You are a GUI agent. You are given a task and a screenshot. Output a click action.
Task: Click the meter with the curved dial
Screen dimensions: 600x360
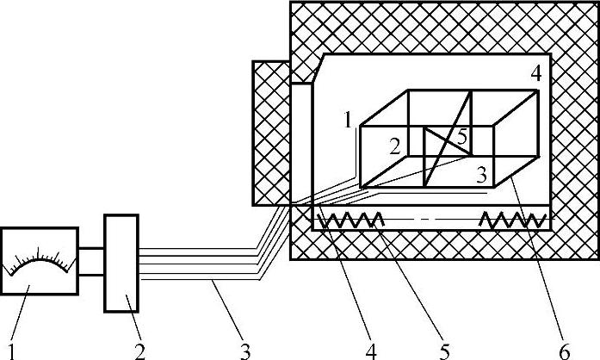[40, 268]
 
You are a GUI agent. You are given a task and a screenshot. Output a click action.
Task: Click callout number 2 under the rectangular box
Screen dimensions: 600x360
[139, 350]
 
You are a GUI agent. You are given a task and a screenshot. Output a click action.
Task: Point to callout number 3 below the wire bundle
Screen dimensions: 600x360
[244, 350]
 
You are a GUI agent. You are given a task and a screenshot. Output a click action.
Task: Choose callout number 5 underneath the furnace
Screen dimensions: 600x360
[444, 350]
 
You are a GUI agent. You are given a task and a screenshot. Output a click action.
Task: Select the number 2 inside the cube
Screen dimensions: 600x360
[394, 146]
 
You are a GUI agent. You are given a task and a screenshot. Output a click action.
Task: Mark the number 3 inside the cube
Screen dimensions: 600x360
[482, 176]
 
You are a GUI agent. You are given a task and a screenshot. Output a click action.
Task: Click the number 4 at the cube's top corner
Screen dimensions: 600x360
[535, 74]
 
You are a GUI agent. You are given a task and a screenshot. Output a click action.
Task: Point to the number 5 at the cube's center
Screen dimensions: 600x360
[461, 136]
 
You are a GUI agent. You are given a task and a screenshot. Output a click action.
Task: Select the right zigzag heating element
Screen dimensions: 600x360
[511, 221]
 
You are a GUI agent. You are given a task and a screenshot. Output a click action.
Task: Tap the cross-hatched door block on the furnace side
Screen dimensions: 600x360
[270, 133]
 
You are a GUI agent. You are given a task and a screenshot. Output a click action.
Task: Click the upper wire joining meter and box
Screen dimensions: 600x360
[91, 249]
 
